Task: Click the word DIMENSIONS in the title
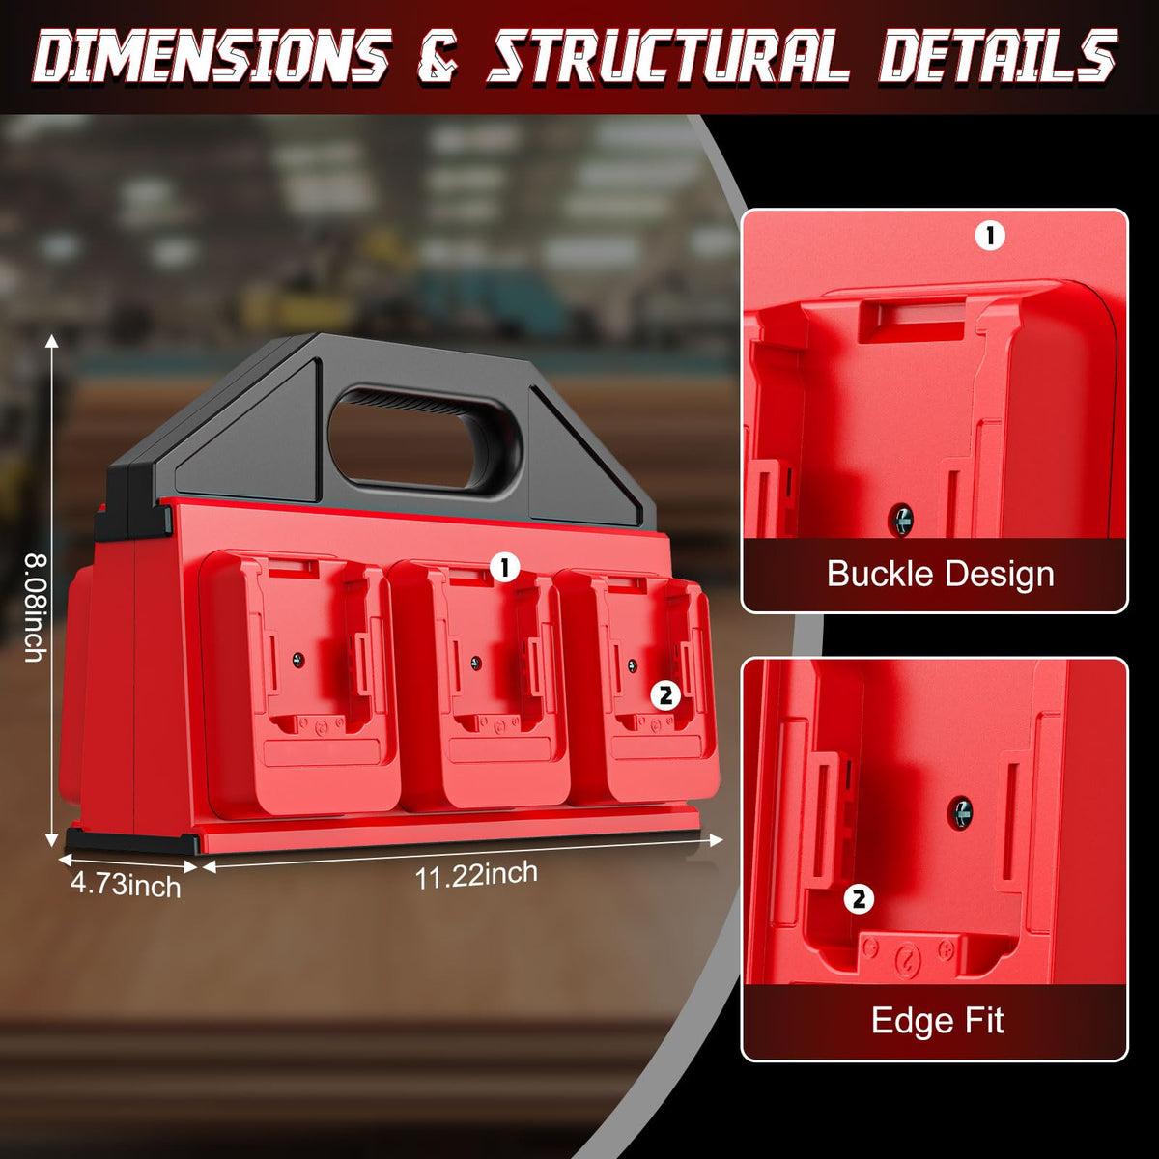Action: [x=211, y=56]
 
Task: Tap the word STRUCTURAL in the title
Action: [x=667, y=56]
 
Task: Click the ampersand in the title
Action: [x=438, y=57]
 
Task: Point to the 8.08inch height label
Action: [x=34, y=607]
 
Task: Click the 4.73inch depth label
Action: [x=126, y=886]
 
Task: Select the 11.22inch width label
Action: [x=476, y=874]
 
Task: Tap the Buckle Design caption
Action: [x=940, y=575]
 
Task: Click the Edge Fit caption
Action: [x=937, y=1020]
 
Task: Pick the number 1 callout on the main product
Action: [x=504, y=567]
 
